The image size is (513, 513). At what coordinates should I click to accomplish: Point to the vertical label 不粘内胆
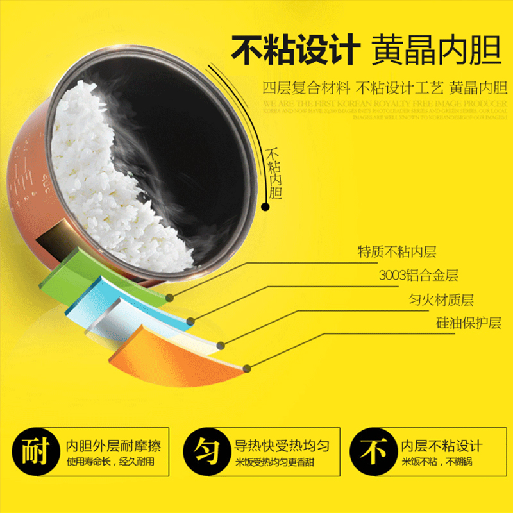(274, 173)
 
